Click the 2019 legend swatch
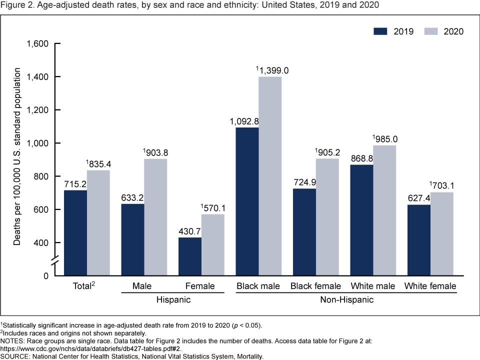(x=381, y=31)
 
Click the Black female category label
(x=315, y=286)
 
